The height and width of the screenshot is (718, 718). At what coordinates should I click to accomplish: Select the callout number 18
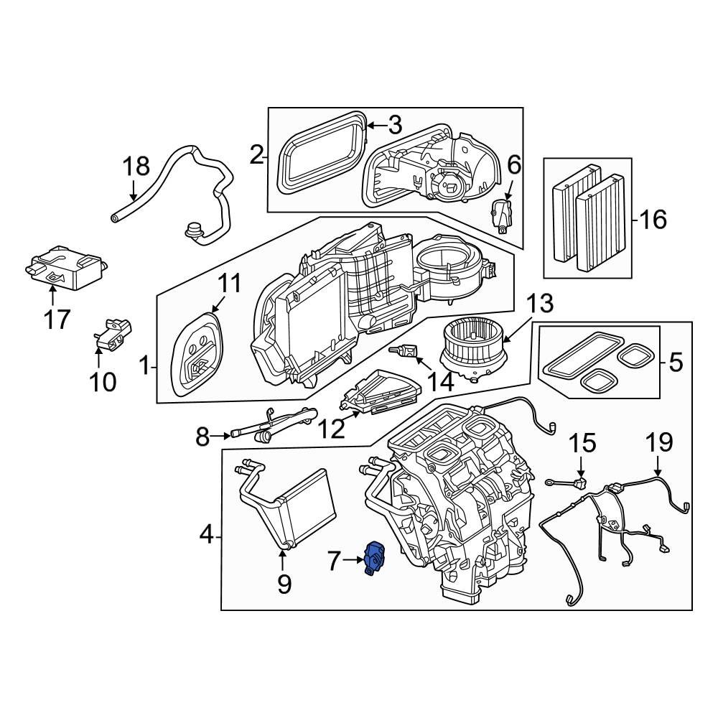[135, 167]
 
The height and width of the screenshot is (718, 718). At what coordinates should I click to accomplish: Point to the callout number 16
[653, 219]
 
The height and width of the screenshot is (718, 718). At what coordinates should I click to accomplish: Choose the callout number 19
[658, 442]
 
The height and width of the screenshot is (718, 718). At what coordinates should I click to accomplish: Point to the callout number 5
[675, 363]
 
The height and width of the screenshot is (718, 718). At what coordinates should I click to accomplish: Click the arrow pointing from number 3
[375, 126]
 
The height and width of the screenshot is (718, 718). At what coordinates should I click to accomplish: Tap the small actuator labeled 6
[502, 213]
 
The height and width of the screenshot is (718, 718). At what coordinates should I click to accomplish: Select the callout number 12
[332, 429]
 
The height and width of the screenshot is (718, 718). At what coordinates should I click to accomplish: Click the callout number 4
[205, 534]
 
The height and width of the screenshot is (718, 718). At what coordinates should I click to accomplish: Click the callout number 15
[583, 442]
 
